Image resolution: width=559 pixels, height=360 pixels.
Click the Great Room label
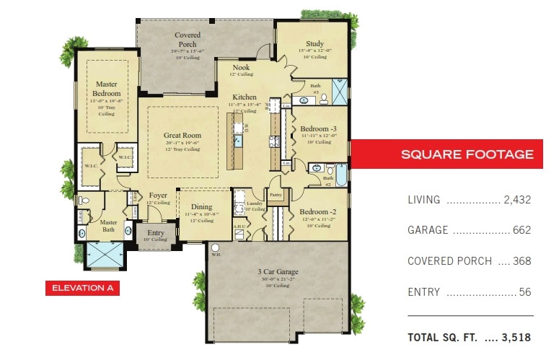click(x=182, y=135)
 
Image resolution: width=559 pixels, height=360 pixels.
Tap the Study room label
click(x=314, y=43)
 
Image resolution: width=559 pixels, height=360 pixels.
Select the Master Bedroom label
click(x=106, y=89)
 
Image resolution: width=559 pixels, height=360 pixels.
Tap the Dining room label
click(x=202, y=208)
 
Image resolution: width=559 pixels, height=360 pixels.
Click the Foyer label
click(x=159, y=196)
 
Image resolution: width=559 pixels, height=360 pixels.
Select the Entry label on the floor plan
click(x=156, y=232)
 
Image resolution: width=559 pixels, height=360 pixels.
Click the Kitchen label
click(x=245, y=97)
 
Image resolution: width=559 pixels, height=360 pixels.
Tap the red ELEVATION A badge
click(x=82, y=289)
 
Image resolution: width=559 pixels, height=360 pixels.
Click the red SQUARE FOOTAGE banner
click(x=467, y=154)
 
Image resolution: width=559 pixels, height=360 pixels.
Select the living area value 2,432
click(x=517, y=200)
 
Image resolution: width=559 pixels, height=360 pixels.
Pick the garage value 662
click(x=523, y=230)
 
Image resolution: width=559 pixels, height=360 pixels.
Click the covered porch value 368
click(x=523, y=261)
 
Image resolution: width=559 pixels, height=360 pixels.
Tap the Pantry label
click(x=276, y=195)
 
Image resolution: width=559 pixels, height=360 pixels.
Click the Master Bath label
click(x=109, y=227)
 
